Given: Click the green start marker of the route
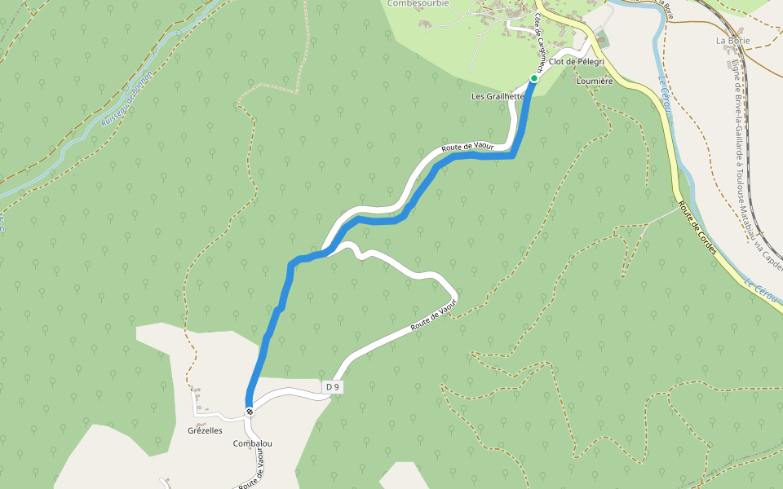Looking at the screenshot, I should [534, 78].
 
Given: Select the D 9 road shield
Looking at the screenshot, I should [332, 387].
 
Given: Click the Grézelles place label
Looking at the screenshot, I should [205, 430].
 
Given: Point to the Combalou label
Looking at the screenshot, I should [252, 443].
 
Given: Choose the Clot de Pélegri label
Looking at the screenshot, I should [576, 62].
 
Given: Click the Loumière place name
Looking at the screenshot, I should [594, 81].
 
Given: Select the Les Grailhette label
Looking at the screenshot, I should [497, 96].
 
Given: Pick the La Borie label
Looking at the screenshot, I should [732, 39].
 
